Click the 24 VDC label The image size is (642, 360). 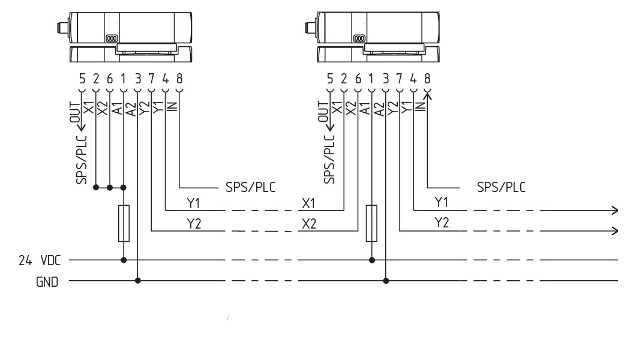40,260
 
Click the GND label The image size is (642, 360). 47,282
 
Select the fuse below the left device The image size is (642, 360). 124,223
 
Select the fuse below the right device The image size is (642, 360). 371,223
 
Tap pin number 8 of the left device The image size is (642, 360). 179,78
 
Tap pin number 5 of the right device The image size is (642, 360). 330,78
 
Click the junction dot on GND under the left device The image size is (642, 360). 138,281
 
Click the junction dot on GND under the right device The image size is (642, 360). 386,281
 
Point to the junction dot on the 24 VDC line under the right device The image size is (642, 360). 372,260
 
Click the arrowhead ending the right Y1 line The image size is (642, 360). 615,211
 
